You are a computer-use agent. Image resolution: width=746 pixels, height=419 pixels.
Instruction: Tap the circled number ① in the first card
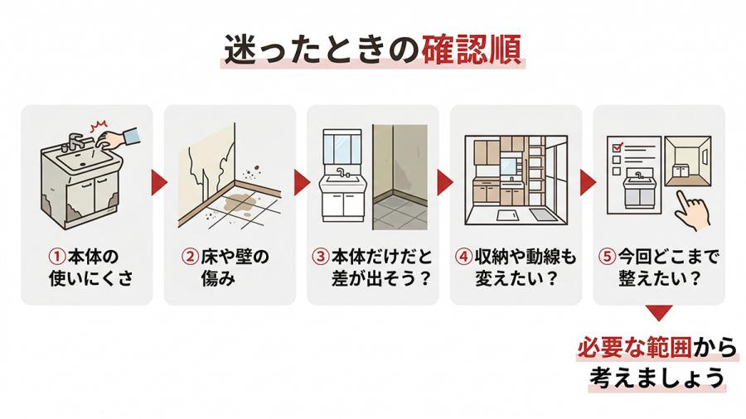57,257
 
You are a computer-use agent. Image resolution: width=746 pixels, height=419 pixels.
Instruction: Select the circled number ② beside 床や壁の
191,257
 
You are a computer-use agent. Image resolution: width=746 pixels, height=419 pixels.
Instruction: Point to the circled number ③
321,257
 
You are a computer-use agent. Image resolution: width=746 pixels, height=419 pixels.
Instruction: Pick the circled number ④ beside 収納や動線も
464,257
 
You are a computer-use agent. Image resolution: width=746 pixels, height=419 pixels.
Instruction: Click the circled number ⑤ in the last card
607,257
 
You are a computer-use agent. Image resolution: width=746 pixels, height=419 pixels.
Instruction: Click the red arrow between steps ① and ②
159,182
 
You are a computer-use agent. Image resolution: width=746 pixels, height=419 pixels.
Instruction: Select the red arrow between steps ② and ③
302,182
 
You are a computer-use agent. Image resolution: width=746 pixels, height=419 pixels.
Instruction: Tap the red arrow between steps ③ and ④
444,182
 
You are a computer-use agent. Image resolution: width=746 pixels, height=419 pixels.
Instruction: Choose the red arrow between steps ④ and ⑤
588,182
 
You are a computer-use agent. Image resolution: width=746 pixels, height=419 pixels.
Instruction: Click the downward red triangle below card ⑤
660,313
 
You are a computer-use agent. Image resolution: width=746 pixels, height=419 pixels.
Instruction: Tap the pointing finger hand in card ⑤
691,209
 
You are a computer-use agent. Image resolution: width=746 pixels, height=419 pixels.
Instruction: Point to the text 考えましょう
657,378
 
